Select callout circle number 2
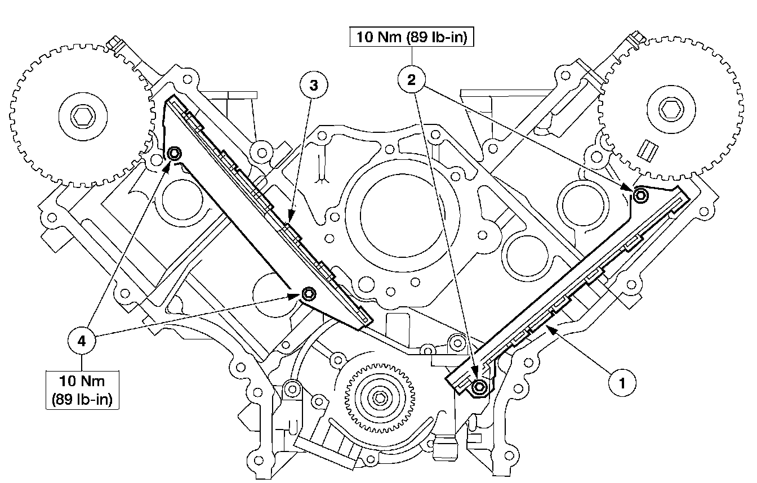coord(412,80)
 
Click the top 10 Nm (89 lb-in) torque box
coord(412,38)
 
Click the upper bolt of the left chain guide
coord(175,153)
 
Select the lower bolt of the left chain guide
coord(308,294)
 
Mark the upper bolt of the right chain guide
coord(641,195)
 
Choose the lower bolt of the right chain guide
coord(479,386)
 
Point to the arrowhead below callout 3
coord(291,216)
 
